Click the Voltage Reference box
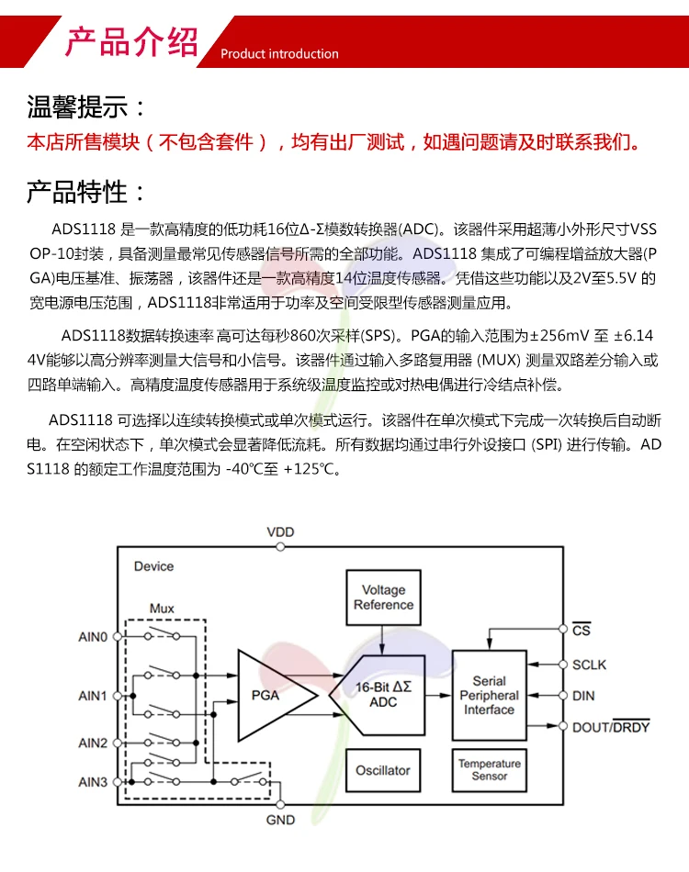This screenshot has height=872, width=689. point(383,598)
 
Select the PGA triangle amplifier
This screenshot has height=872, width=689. point(271,695)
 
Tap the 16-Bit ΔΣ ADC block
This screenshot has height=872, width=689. point(383,695)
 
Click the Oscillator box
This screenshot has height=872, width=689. point(383,770)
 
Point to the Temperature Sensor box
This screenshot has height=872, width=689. point(489,770)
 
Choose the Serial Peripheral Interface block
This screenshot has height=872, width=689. point(489,695)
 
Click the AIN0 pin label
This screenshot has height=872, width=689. point(93,636)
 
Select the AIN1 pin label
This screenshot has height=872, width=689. point(93,696)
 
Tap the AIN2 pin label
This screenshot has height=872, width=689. point(93,743)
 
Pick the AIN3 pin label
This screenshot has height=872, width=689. point(93,782)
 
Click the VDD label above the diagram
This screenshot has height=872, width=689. point(281,532)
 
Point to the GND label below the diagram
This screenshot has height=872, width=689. point(280,820)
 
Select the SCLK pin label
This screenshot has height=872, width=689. point(589,665)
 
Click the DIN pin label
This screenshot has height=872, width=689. point(583,696)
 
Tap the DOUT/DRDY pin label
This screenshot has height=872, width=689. point(610,727)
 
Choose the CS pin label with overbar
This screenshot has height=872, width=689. point(581,632)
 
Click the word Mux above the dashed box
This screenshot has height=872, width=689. point(162,609)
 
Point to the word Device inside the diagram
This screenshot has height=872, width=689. point(153,566)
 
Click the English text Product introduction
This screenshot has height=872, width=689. point(279,53)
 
